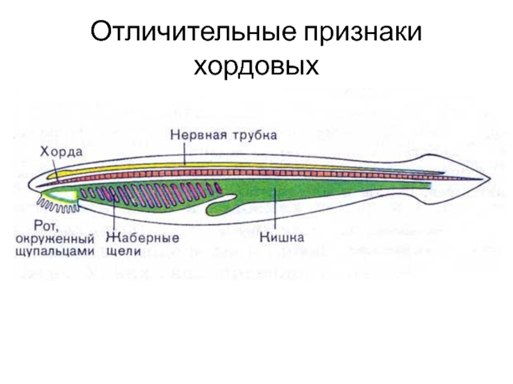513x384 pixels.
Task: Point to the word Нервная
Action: click(x=196, y=136)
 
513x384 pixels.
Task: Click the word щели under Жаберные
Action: click(x=124, y=251)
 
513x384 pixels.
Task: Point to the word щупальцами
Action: click(x=54, y=251)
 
